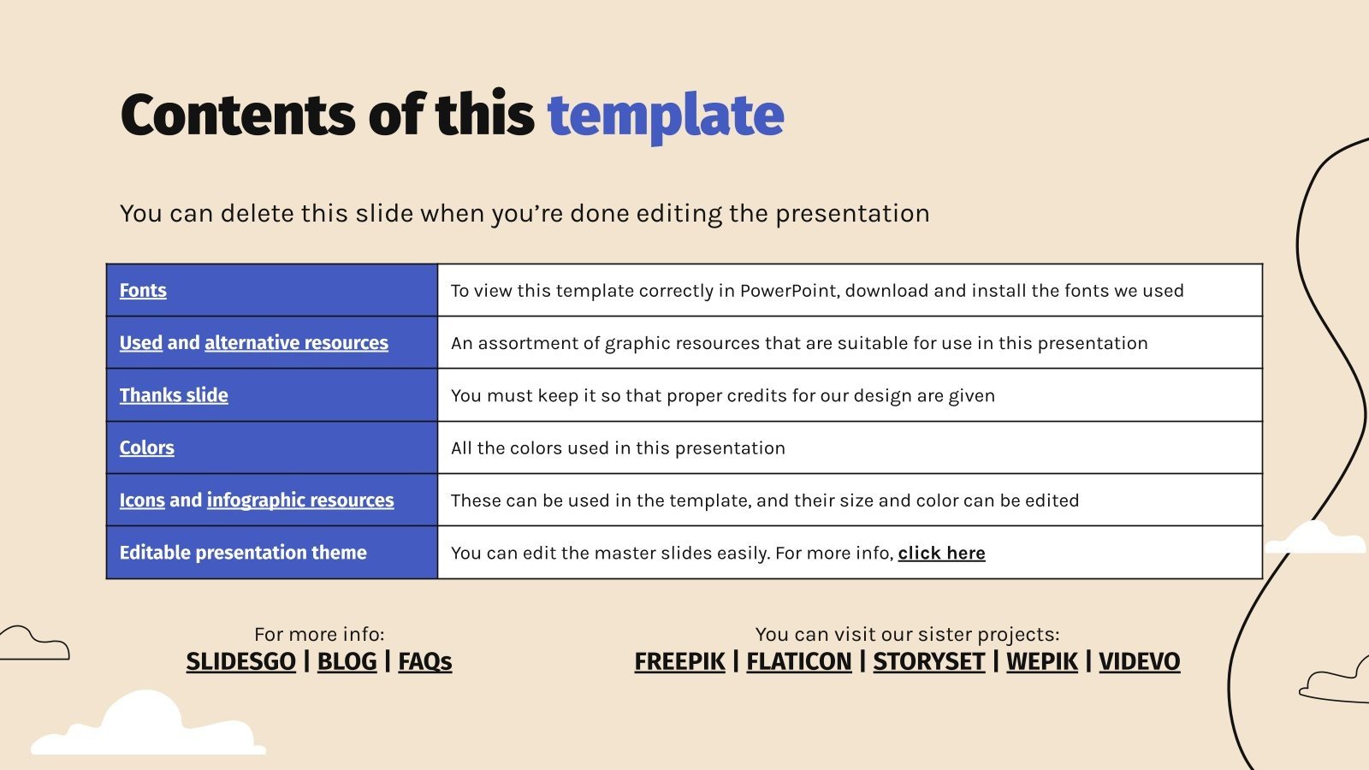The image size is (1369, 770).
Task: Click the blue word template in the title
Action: coord(666,116)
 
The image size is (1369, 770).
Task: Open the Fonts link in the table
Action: coord(143,290)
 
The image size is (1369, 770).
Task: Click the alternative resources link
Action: coord(296,343)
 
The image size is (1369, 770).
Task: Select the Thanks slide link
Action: coord(174,395)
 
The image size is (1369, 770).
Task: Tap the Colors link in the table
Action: coord(146,448)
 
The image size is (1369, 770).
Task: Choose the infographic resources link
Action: coord(300,500)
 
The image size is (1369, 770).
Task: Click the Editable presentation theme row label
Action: coord(243,553)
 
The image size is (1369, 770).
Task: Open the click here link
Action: coord(941,553)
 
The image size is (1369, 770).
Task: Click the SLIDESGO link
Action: coord(240,662)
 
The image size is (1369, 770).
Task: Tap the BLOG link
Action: coord(347,662)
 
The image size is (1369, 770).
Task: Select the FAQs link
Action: coord(424,662)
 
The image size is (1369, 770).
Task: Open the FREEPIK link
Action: coord(679,662)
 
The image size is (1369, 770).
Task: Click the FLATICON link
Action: coord(799,662)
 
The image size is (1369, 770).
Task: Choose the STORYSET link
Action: coord(929,662)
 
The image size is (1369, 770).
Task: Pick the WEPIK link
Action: coord(1042,662)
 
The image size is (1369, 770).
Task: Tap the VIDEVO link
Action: coord(1139,662)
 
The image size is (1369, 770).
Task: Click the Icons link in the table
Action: coord(142,500)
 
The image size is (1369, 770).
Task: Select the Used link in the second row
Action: coord(140,343)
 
